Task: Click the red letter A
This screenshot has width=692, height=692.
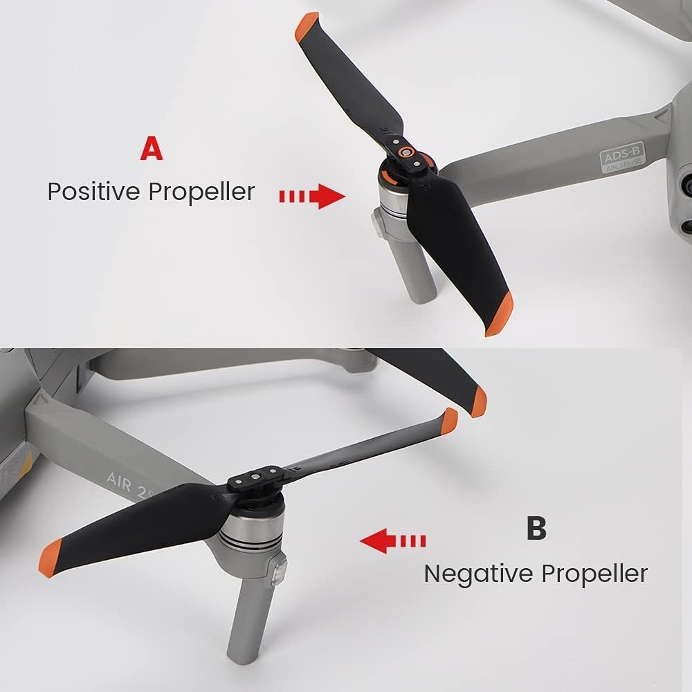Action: [x=152, y=149]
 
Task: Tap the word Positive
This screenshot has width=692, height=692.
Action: [x=95, y=192]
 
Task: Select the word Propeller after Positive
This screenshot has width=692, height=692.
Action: [x=202, y=192]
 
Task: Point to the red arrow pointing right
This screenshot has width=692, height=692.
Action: [x=312, y=197]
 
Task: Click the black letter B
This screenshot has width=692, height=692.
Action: [x=536, y=528]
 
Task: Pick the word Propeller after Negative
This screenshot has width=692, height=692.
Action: [x=594, y=573]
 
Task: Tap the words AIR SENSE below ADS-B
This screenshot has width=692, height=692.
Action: [x=620, y=167]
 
